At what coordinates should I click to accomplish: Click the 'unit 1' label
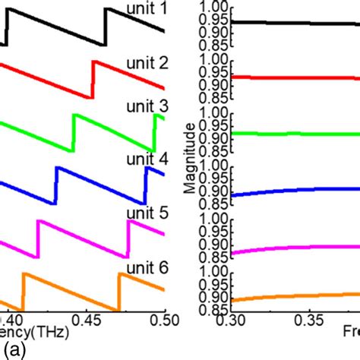[144, 10]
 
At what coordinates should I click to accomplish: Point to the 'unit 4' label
[144, 160]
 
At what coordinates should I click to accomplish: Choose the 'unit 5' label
[144, 214]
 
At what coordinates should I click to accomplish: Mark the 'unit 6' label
[144, 266]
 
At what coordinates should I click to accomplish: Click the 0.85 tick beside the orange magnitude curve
[213, 309]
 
